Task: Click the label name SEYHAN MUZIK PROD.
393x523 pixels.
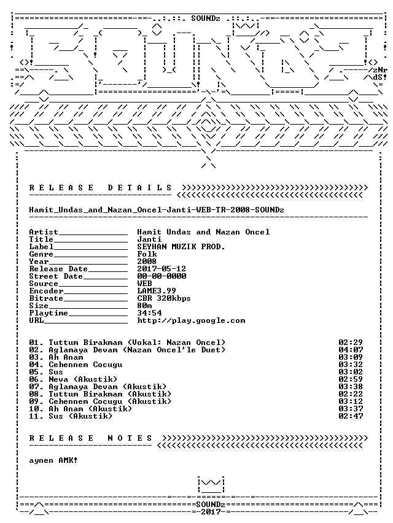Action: (181, 247)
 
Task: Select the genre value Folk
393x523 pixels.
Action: (147, 254)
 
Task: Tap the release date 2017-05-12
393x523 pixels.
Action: (161, 269)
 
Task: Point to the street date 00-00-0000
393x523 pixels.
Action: (161, 276)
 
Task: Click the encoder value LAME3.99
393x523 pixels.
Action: (157, 291)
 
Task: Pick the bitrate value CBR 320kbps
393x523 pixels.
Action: (164, 298)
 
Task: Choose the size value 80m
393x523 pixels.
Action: (144, 306)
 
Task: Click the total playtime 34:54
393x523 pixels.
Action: (149, 313)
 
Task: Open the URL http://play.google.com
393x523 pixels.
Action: (191, 320)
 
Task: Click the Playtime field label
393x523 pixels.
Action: (49, 313)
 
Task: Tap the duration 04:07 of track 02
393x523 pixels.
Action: (351, 350)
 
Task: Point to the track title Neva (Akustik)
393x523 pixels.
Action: (83, 379)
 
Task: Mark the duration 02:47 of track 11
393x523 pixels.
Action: (351, 416)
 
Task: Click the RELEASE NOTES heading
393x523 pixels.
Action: (91, 438)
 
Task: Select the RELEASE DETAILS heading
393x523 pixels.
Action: (101, 188)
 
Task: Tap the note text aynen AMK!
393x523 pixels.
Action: (53, 460)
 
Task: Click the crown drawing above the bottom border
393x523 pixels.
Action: (211, 485)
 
